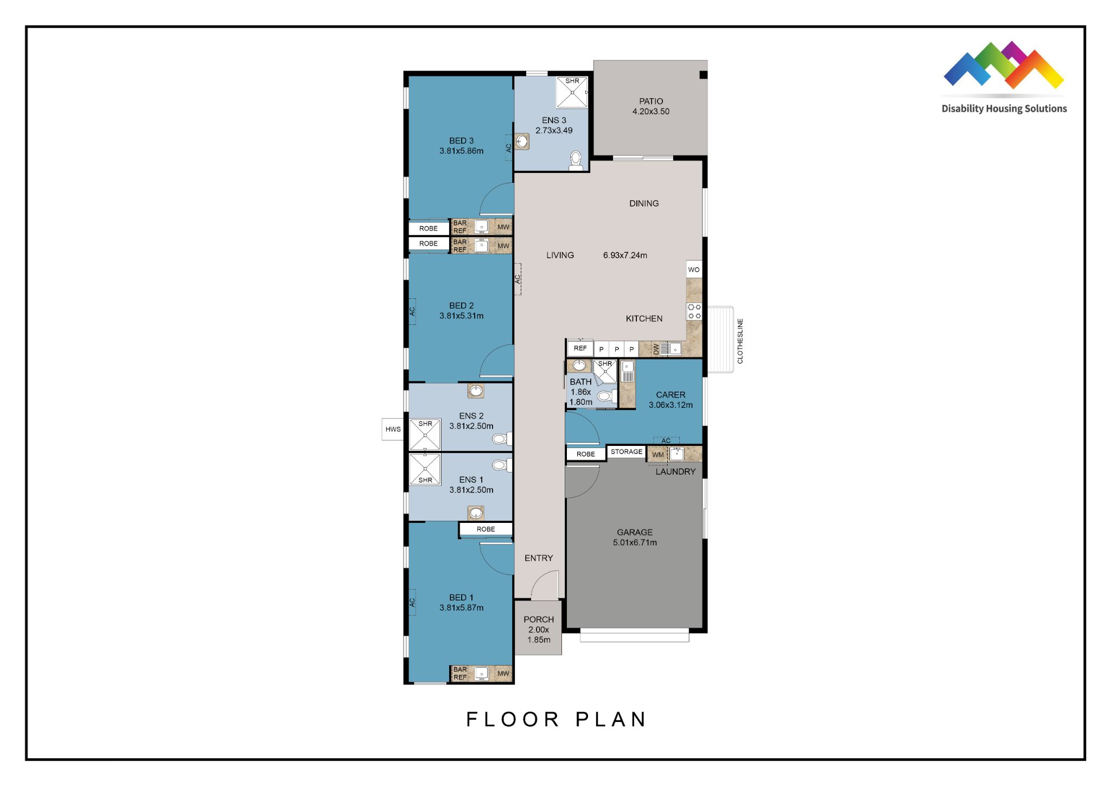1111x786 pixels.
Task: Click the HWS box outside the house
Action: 393,429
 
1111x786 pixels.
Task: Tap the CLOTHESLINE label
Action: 740,341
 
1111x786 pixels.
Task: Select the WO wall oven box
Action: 694,270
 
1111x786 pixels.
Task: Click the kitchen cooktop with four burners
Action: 694,311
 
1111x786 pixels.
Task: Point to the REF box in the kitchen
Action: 580,348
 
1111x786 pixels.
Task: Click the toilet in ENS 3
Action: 576,160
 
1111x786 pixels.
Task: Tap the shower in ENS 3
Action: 572,92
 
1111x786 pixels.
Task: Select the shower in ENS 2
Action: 425,434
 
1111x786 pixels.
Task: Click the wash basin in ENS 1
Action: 476,513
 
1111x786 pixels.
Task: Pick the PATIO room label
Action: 651,106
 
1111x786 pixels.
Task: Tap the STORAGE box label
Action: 627,451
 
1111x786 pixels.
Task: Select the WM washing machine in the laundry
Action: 657,455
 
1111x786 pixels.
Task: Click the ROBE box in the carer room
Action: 586,454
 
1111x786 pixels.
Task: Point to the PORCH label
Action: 539,629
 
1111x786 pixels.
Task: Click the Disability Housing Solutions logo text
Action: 1004,108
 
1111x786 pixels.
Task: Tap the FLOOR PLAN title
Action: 556,719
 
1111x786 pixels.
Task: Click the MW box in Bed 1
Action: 503,673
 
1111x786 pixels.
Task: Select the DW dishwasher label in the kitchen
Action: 656,349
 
